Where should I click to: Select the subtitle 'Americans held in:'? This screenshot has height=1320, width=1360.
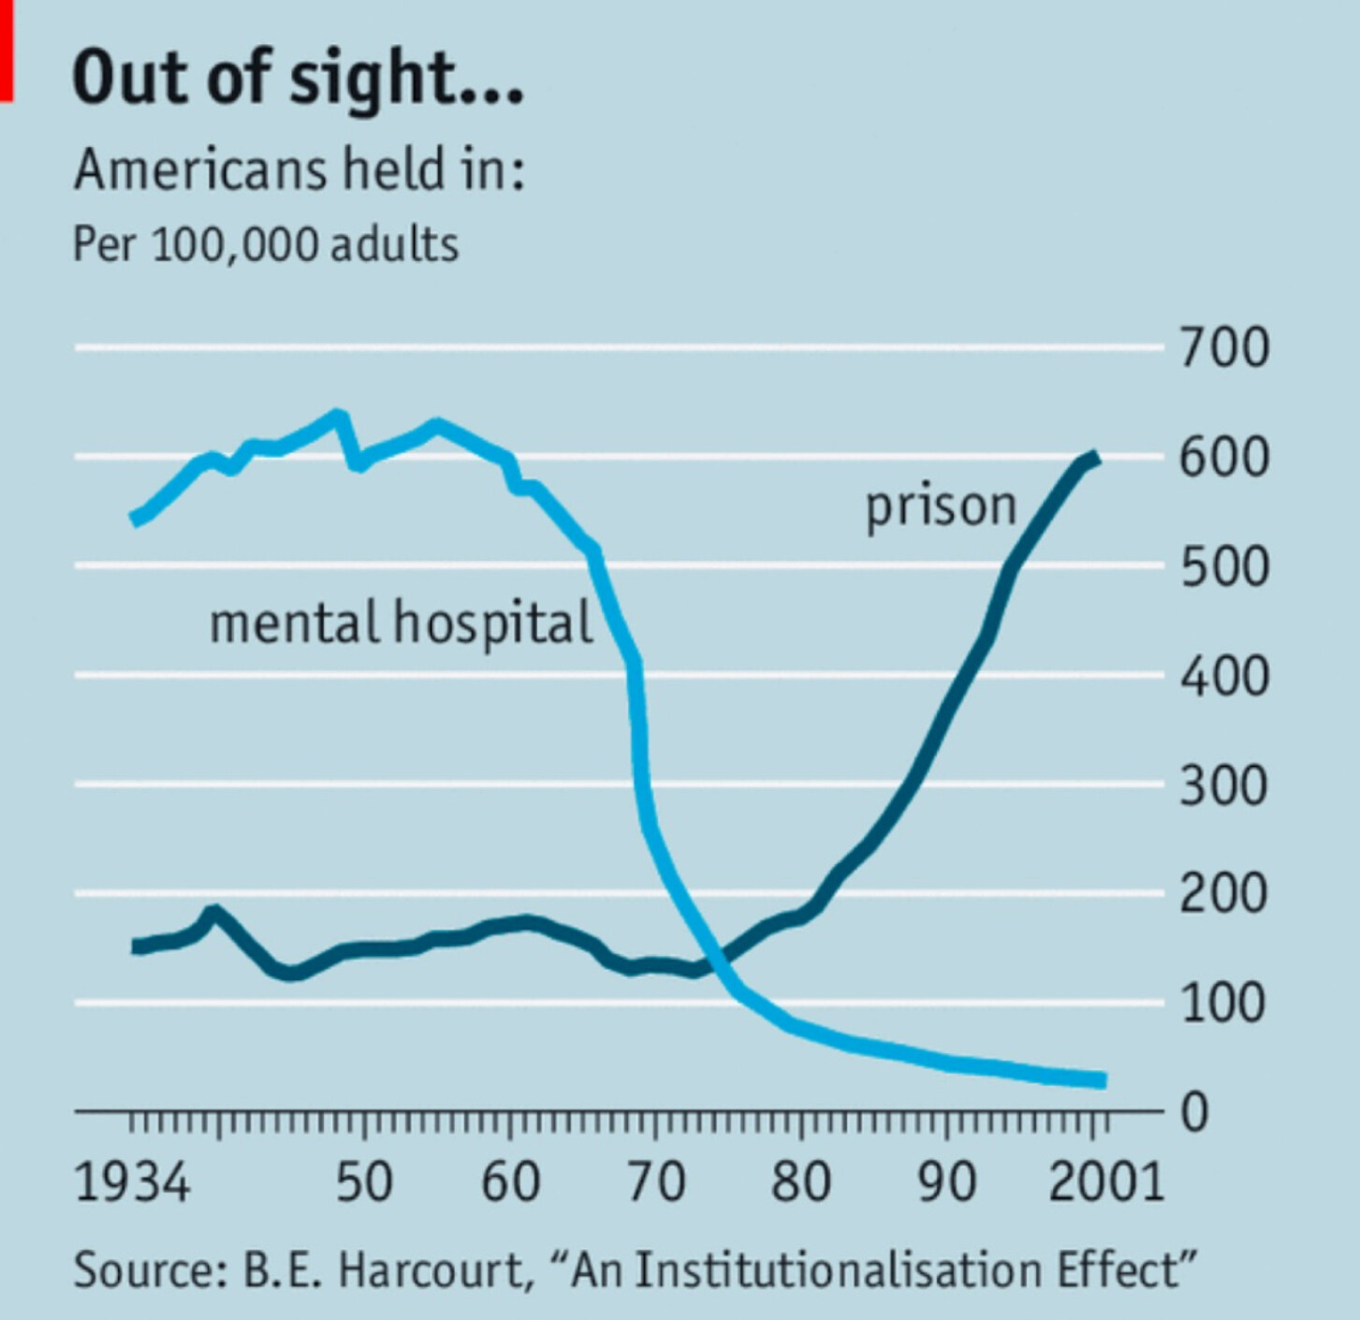pos(299,169)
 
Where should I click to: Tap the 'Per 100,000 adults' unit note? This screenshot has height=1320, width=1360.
pos(266,244)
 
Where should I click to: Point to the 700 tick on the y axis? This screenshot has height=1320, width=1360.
pos(1223,347)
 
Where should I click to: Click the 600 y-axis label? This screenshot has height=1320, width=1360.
pos(1223,458)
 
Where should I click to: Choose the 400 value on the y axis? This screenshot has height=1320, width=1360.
pos(1223,676)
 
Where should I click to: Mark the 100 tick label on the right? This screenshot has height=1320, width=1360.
pos(1223,1003)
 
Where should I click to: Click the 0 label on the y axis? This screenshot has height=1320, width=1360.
pos(1194,1113)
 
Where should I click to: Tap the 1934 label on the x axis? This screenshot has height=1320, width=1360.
pos(132,1181)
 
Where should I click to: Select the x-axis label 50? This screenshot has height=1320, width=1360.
pos(364,1181)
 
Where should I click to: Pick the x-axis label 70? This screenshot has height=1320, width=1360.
pos(655,1181)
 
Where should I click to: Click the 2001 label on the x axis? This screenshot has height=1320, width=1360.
pos(1106,1181)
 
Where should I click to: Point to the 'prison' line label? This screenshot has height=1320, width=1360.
pos(941,506)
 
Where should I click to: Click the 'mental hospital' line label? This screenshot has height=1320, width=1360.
pos(402,623)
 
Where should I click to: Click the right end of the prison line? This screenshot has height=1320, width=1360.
pos(1095,458)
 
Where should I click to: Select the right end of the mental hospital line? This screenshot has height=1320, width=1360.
pos(1103,1080)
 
